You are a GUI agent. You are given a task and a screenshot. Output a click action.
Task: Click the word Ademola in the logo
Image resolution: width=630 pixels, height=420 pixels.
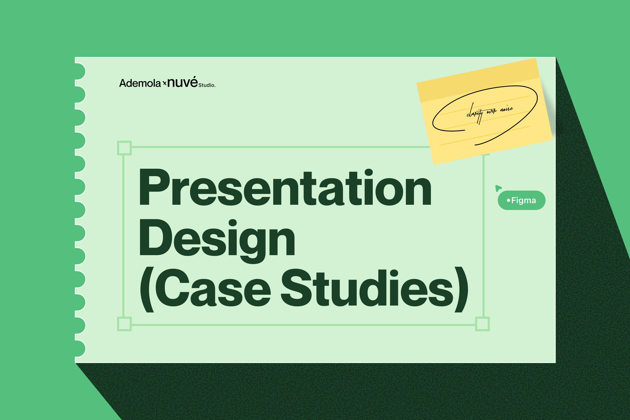140,83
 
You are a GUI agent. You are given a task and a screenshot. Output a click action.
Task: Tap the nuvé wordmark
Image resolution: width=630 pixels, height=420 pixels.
182,82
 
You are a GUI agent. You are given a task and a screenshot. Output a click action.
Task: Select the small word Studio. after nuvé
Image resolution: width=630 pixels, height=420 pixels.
207,85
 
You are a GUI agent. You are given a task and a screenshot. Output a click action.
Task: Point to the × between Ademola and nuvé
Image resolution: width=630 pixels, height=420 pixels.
165,84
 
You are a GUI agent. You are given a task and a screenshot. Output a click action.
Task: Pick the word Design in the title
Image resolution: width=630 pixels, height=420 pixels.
217,241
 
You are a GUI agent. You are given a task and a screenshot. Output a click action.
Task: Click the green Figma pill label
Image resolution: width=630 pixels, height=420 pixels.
522,200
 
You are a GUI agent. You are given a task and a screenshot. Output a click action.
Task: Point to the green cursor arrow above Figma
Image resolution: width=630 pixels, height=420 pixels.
498,188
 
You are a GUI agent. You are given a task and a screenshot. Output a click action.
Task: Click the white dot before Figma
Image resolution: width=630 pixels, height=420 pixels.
508,200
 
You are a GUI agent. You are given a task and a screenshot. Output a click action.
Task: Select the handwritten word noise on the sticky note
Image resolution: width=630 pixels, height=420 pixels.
507,109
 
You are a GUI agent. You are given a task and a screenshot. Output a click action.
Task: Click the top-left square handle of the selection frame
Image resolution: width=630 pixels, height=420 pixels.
124,148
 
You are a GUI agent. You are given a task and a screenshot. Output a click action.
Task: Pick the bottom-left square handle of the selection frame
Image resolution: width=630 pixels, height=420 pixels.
124,324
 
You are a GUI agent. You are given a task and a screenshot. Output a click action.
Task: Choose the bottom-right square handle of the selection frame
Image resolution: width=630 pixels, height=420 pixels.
482,324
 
